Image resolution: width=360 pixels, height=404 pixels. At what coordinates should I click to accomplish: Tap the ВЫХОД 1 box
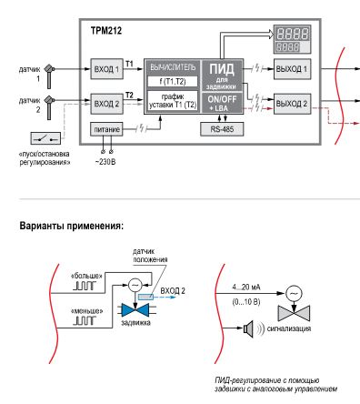293,69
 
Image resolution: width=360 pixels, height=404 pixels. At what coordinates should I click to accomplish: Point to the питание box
106,129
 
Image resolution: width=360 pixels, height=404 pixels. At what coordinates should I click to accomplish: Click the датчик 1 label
30,72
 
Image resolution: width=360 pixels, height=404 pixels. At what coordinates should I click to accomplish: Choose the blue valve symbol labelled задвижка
137,309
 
